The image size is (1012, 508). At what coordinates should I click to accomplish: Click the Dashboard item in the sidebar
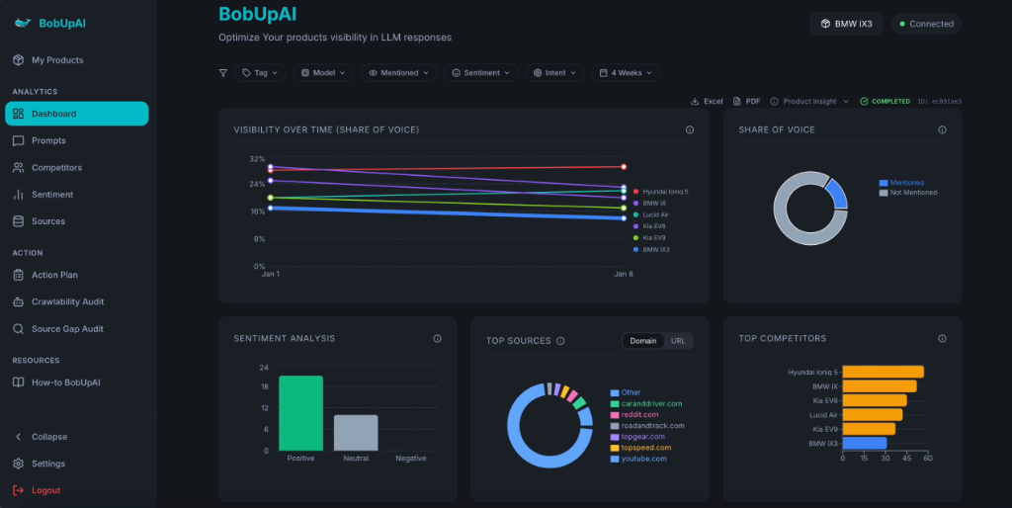76,114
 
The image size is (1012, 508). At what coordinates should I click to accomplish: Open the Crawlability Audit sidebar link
67,302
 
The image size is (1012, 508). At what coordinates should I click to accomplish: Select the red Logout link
45,490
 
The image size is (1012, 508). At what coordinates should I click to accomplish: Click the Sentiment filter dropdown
480,73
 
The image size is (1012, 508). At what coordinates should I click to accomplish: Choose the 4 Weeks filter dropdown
626,73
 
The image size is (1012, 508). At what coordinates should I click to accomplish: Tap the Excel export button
708,101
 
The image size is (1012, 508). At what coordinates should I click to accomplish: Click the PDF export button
747,101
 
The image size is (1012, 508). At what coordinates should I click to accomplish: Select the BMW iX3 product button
846,24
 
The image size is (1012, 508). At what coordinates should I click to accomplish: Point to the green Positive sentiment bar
300,413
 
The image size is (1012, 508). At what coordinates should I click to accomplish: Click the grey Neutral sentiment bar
356,433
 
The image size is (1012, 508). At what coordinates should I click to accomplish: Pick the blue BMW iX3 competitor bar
865,443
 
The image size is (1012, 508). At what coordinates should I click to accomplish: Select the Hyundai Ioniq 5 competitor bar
883,372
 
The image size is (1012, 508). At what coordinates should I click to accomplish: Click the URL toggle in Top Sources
678,341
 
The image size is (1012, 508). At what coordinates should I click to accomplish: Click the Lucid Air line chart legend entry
655,214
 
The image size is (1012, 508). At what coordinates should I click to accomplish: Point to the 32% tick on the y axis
257,159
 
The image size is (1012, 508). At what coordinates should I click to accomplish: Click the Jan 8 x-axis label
623,274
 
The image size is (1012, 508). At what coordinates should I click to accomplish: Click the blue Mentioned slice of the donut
837,194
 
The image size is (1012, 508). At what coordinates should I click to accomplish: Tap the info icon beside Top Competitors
942,338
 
